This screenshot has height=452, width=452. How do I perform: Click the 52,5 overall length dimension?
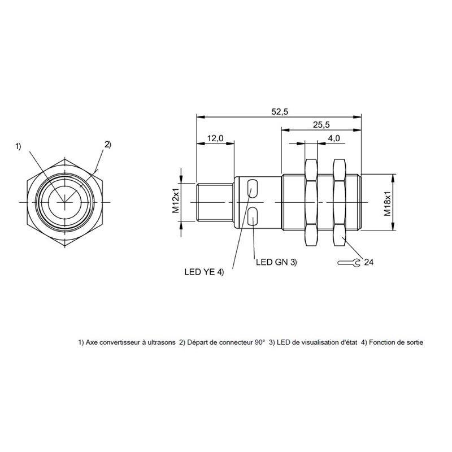[x=280, y=111]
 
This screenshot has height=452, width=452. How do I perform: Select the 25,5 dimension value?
[x=321, y=125]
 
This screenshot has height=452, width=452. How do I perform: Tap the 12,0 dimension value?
[x=215, y=138]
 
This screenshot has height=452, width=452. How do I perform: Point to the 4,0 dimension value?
[x=333, y=138]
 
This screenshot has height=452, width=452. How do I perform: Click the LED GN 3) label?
[x=276, y=262]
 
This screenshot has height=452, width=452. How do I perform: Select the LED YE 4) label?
[x=204, y=272]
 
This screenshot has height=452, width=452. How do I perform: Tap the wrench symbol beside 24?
[x=349, y=262]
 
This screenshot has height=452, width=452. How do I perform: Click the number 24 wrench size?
[x=369, y=262]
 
